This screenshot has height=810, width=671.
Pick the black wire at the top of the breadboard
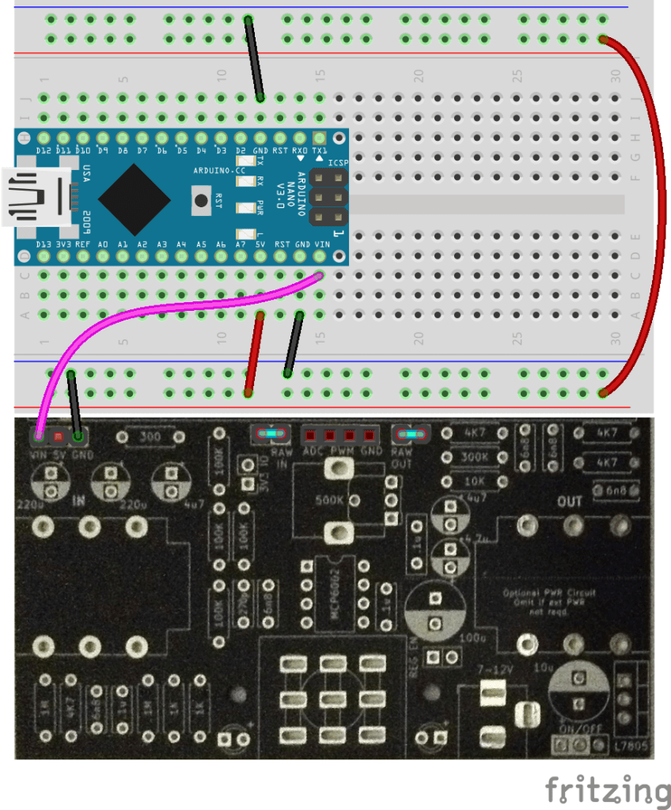coord(253,59)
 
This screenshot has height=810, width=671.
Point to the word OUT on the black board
coord(570,502)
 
